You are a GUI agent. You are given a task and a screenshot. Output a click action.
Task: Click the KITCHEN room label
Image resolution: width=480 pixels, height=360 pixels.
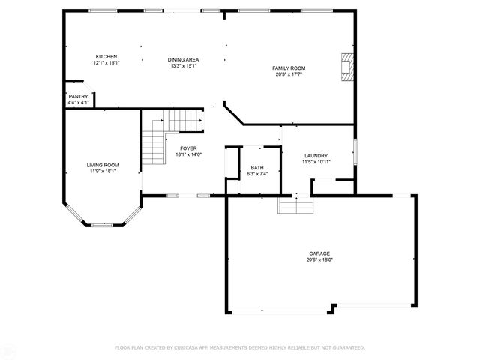coord(106,57)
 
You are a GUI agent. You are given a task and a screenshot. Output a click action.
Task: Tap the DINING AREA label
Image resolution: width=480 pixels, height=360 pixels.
coord(183,58)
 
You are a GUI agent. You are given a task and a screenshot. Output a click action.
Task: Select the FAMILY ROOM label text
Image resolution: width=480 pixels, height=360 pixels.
coord(288,68)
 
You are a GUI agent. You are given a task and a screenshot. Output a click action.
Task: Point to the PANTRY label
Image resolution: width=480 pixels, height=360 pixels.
coord(78,96)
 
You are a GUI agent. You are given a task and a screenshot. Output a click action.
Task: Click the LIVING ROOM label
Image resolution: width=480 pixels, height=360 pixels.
coord(102,165)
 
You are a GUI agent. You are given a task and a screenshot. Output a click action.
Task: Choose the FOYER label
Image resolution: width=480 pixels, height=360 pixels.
coord(187,148)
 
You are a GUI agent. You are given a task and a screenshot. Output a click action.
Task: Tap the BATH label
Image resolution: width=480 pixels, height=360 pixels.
coord(257,168)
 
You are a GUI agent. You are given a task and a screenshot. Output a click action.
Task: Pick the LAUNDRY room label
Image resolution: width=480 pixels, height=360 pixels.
coord(316,155)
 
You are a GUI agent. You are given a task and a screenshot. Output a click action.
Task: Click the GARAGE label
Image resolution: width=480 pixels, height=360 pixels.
coord(319,253)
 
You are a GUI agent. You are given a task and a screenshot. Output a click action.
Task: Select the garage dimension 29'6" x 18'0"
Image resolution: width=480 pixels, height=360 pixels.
coord(319,260)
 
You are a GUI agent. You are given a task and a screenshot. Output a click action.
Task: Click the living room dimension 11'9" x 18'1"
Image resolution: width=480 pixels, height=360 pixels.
coord(102,171)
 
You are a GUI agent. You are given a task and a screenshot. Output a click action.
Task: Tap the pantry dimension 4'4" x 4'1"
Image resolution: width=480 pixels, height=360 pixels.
coord(78,102)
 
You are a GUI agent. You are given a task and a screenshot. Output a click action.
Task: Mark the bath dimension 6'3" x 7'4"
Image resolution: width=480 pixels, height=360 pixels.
coord(257,174)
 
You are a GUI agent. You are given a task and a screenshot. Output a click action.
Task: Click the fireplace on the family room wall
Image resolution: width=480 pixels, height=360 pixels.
coord(346,66)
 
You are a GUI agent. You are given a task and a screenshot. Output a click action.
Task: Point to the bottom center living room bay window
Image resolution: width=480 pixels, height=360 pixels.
coord(102,224)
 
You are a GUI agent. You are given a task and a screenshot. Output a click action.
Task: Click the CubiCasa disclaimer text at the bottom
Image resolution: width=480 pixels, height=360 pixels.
coord(239,347)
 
